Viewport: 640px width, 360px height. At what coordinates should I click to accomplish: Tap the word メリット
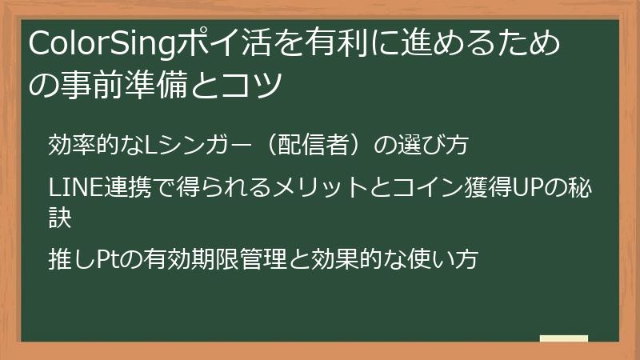click(319, 189)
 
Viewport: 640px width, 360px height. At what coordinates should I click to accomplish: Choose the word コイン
click(430, 189)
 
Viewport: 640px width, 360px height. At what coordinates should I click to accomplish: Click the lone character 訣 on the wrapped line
click(61, 216)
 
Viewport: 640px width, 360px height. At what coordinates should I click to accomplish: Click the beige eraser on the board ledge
click(564, 338)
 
